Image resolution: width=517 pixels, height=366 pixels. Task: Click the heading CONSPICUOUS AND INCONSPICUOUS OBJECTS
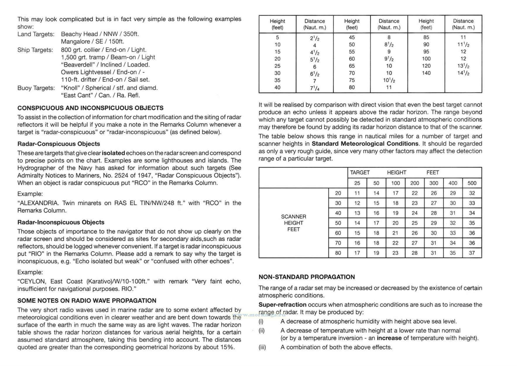point(90,108)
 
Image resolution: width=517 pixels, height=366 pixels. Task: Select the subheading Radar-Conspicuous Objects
point(59,144)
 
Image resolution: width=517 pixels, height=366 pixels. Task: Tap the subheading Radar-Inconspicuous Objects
point(61,222)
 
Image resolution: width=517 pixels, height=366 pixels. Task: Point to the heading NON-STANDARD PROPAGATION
point(307,277)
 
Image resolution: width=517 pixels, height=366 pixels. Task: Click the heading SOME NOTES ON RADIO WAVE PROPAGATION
point(87,301)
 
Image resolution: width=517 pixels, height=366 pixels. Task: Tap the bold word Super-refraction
point(282,305)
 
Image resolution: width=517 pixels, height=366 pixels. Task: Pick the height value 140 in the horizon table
point(426,73)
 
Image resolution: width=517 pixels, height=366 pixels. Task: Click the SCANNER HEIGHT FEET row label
point(293,223)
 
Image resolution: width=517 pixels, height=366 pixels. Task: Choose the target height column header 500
point(472,183)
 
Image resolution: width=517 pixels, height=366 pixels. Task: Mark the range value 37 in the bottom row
point(472,253)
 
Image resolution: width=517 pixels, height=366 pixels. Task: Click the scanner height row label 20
point(338,193)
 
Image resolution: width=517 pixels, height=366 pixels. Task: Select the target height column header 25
point(357,183)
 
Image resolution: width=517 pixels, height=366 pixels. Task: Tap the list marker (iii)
point(262,347)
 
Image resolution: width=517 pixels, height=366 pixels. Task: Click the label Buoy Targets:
point(36,88)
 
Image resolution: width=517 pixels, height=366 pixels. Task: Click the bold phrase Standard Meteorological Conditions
point(365,144)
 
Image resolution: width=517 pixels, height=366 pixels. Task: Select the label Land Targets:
point(36,34)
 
